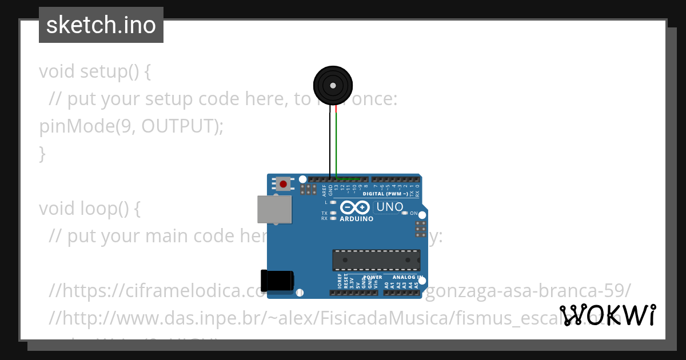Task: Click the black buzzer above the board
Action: tap(332, 86)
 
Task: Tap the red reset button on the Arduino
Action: tap(283, 184)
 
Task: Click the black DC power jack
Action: tap(277, 279)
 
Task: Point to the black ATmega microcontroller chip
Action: tap(376, 260)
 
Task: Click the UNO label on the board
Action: tap(390, 207)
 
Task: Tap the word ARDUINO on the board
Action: tap(356, 219)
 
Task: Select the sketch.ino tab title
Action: tap(101, 25)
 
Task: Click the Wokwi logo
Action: tap(607, 315)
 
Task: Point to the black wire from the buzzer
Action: tap(330, 143)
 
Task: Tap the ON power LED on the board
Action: tap(405, 213)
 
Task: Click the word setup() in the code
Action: tap(115, 72)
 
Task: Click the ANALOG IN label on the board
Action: tap(407, 277)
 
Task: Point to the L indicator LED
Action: tap(333, 202)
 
